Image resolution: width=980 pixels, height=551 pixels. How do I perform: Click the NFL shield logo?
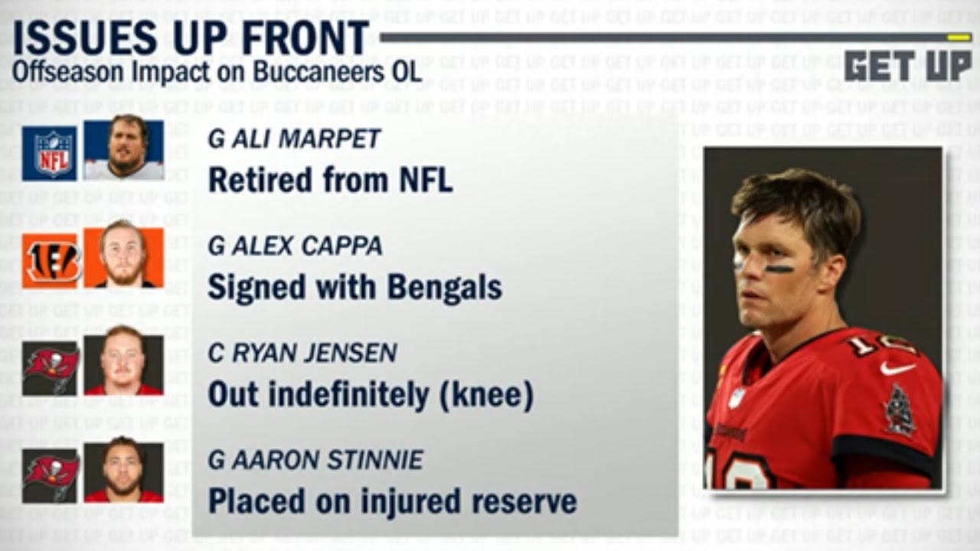pos(50,153)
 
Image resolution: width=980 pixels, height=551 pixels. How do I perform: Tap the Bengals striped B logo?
pos(50,261)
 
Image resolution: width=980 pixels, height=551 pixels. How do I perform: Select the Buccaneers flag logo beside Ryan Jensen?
pos(50,367)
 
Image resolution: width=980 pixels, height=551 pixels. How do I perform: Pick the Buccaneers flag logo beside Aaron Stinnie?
pos(50,473)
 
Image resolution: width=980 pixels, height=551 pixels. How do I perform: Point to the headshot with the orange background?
pos(123,258)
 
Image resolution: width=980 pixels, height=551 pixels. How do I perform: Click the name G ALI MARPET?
pos(295,139)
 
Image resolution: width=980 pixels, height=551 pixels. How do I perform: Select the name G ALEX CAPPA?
pos(296,246)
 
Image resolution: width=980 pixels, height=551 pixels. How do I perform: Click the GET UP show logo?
pos(907,66)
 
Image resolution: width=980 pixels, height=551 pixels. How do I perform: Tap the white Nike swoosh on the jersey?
pos(897,368)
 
